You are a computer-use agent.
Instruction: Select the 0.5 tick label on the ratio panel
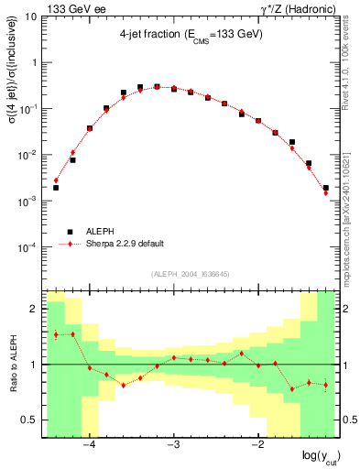pyautogui.click(x=30, y=420)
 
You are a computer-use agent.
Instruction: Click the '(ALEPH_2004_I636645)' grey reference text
pyautogui.click(x=191, y=273)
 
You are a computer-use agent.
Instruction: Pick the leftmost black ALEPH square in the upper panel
pyautogui.click(x=56, y=188)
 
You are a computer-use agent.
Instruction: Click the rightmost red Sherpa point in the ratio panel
pyautogui.click(x=326, y=385)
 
